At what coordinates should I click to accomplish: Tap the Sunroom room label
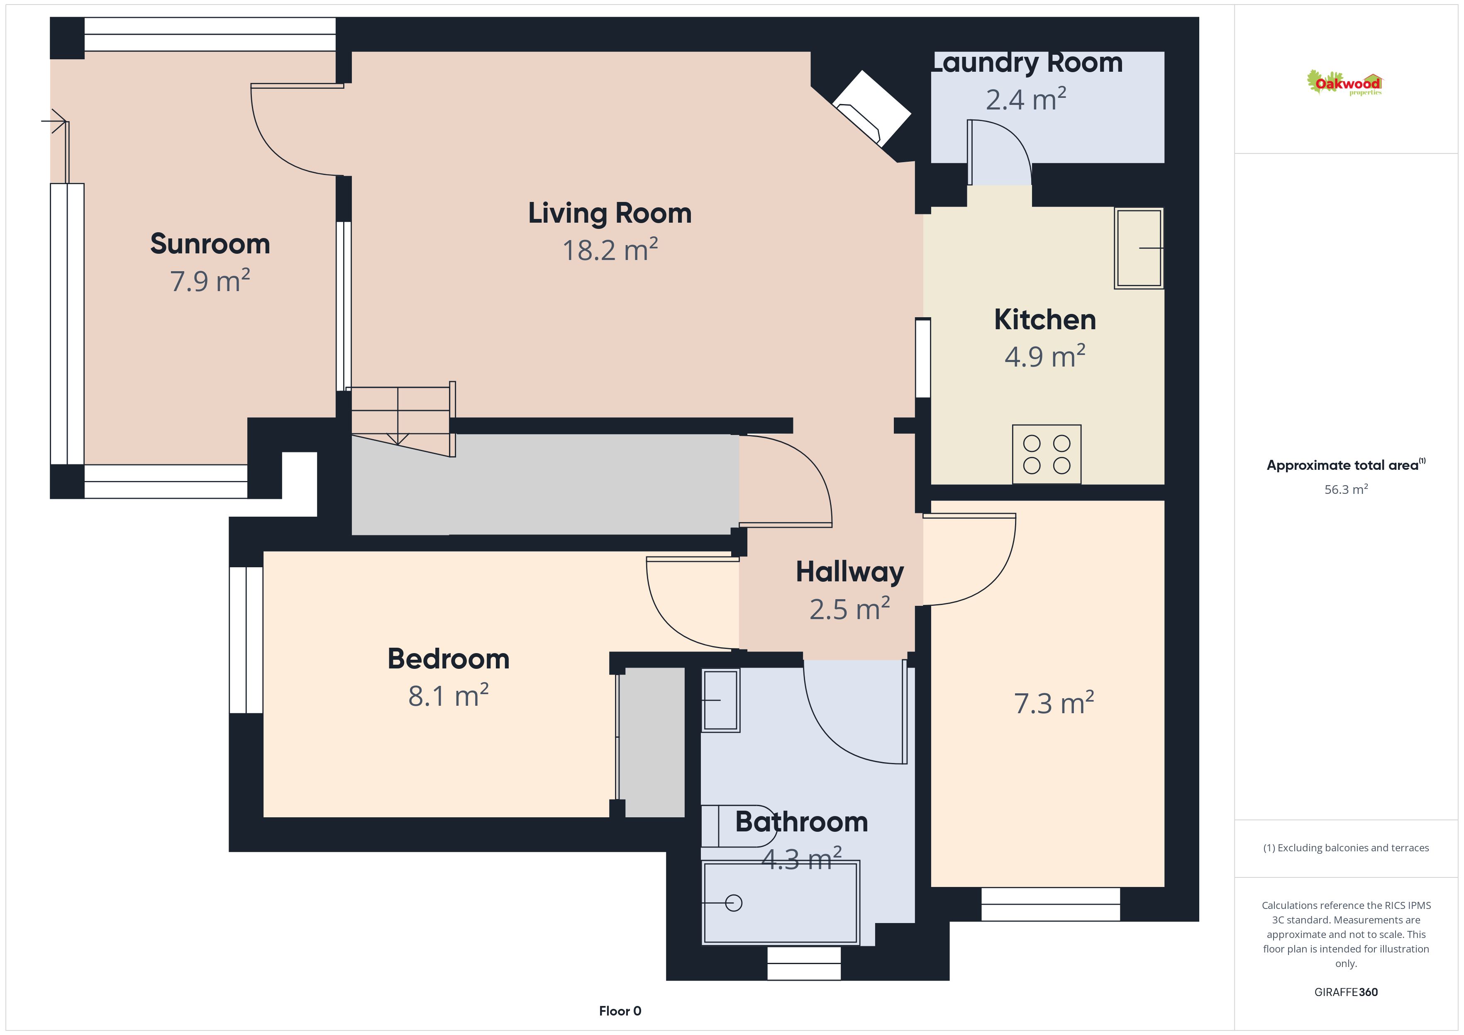(210, 244)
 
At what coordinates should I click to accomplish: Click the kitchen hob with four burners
(1047, 454)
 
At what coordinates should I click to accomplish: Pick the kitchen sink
(1139, 248)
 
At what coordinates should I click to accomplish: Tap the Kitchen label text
(1045, 319)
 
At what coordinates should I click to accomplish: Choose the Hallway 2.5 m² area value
(849, 609)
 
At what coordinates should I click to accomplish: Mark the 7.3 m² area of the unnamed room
(1054, 703)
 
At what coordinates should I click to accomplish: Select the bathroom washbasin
(720, 700)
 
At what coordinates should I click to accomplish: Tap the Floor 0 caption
(620, 1011)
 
